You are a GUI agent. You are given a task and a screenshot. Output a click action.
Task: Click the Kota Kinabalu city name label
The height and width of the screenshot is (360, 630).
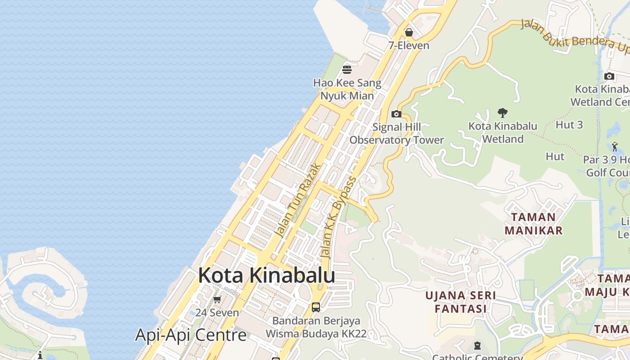point(266,275)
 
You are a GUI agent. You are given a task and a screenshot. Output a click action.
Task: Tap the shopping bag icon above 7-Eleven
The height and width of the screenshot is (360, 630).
point(409,32)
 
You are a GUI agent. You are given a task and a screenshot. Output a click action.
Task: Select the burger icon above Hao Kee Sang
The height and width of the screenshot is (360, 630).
point(347,70)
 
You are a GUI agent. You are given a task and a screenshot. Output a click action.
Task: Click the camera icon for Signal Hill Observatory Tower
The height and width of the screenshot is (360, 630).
point(396,114)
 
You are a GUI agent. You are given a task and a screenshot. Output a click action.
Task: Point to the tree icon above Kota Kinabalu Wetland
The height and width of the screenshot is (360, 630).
point(503,113)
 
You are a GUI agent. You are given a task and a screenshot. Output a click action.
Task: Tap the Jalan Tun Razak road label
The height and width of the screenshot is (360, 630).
point(298,201)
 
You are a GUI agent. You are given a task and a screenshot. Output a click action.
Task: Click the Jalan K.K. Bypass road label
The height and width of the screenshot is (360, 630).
point(338,217)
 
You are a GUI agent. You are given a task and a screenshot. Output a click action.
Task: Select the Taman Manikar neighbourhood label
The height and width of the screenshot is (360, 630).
point(534,224)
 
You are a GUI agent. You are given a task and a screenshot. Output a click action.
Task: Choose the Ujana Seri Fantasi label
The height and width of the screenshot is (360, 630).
point(461,302)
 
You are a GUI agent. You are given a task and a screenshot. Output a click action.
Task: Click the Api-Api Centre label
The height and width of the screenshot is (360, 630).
point(191,335)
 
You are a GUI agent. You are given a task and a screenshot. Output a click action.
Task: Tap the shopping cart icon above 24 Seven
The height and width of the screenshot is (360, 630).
point(217,299)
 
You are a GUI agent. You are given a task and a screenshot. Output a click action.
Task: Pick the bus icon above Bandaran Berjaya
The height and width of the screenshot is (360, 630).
point(316,307)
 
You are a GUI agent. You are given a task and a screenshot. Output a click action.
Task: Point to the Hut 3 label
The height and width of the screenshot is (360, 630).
point(569,125)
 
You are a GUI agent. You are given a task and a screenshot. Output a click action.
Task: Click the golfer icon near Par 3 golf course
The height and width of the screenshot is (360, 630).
point(615,147)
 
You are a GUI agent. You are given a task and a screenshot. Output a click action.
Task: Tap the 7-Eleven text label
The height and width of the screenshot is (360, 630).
point(409,45)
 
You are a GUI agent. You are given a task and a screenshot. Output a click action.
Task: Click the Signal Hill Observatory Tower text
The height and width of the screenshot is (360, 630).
point(397,134)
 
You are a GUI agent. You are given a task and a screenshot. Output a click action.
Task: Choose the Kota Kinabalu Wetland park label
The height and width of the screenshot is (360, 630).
point(503,132)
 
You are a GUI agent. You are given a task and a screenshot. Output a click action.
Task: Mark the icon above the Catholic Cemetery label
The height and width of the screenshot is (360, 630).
point(477,346)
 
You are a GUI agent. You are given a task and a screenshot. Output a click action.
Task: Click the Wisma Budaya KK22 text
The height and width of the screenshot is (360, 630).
point(316,334)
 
